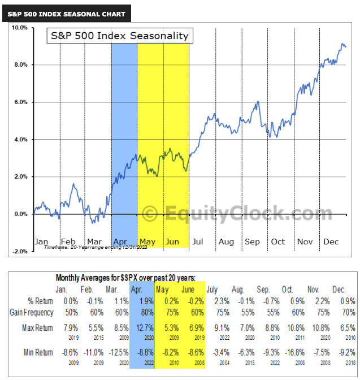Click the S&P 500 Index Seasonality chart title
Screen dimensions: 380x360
point(119,36)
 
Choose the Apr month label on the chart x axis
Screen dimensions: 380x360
point(120,242)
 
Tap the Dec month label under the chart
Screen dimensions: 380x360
point(331,242)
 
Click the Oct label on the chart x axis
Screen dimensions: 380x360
point(278,242)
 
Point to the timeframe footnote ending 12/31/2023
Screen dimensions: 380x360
point(96,247)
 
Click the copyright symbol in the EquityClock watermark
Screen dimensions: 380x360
point(150,214)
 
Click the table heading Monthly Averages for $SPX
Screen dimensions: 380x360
point(125,278)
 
